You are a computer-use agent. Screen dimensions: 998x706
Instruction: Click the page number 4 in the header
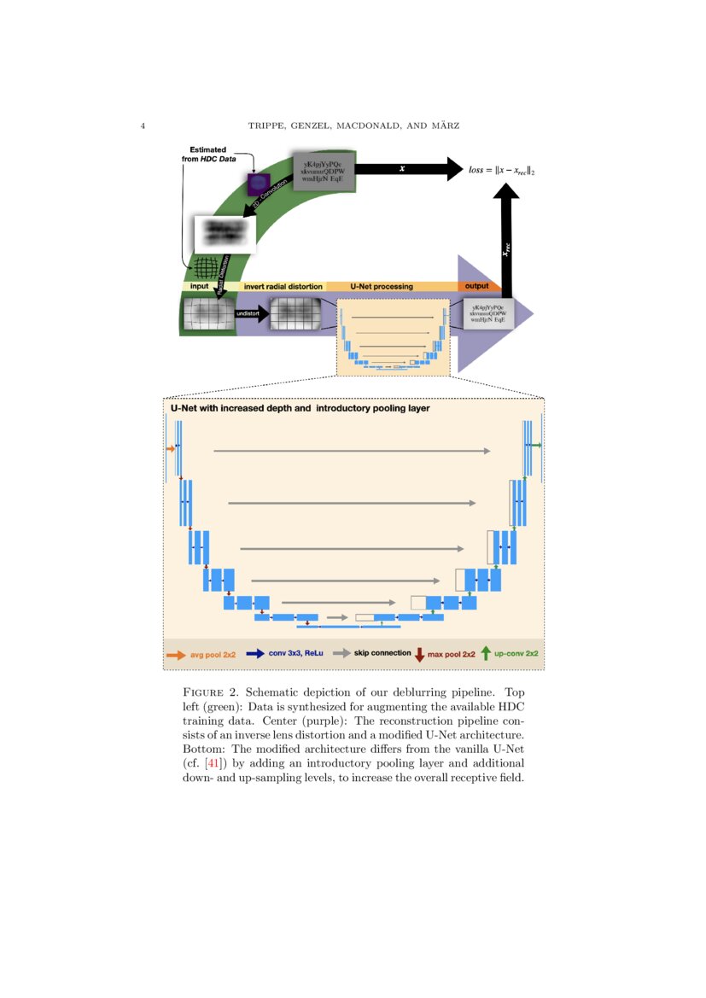143,126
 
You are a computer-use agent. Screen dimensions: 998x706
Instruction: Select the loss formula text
502,169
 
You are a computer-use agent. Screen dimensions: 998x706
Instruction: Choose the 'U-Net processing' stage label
382,286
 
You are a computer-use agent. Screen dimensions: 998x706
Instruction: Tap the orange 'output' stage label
477,286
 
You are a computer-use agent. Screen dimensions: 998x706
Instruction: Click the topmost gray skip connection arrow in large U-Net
352,451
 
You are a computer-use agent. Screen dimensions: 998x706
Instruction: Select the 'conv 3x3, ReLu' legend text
295,655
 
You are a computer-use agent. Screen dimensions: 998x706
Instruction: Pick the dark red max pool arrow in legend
419,655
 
